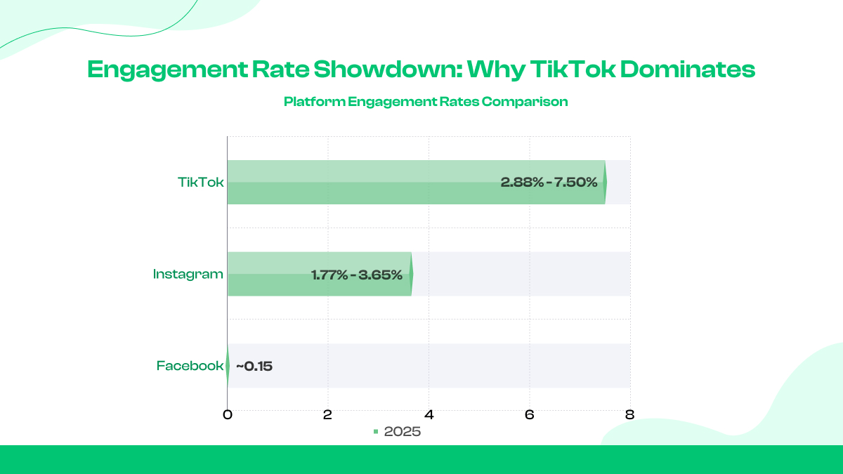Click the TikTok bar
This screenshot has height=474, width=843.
point(416,183)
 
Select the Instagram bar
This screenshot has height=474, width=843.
point(320,274)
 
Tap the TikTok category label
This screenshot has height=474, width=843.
point(201,183)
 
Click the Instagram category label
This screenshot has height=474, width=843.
point(188,275)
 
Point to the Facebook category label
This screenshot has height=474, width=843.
point(190,366)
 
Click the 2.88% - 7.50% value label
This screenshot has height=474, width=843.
point(549,183)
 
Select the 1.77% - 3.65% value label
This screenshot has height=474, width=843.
point(357,275)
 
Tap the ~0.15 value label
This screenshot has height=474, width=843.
point(254,366)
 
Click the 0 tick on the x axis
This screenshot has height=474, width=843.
point(228,414)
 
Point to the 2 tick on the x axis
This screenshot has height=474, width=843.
point(328,414)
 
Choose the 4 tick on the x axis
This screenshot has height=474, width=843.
point(429,414)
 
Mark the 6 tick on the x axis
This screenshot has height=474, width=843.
point(530,414)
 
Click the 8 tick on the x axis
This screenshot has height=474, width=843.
point(630,414)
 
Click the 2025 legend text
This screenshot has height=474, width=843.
point(403,431)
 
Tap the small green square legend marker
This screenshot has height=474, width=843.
point(376,431)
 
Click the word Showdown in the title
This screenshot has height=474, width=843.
point(388,70)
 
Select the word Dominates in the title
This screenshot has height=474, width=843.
point(688,70)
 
